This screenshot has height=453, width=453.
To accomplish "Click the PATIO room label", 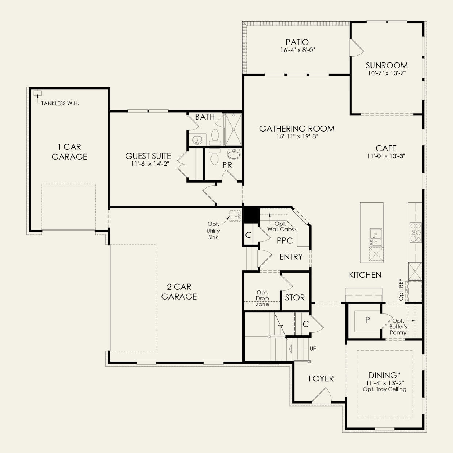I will point(297,42).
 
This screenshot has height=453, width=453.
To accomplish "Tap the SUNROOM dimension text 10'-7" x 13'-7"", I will point(387,73).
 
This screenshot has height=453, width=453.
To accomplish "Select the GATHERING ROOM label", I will point(297,129).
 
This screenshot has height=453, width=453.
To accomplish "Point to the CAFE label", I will point(386,148).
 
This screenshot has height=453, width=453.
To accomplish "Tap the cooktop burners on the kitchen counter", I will point(415,232).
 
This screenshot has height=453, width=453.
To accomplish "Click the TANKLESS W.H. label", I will point(60,103).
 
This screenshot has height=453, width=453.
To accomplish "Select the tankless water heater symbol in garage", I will point(36,93).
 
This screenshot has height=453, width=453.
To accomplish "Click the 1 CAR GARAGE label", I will point(69,152).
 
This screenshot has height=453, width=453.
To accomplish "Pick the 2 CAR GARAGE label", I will point(179,292).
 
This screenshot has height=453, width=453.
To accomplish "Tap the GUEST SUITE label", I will point(148,156).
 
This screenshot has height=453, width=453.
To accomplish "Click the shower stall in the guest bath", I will point(233,129).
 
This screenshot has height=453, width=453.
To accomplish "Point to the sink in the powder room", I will point(233,154).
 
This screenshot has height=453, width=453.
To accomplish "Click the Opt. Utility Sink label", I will point(213,231).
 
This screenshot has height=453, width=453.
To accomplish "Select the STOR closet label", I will point(295,297).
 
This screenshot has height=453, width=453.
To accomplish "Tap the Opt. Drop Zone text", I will point(262,298).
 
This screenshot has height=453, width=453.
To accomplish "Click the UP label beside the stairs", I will point(313,349).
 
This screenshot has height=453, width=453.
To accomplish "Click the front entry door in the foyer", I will point(321,395).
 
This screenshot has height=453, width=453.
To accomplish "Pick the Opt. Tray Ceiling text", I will point(384,389).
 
